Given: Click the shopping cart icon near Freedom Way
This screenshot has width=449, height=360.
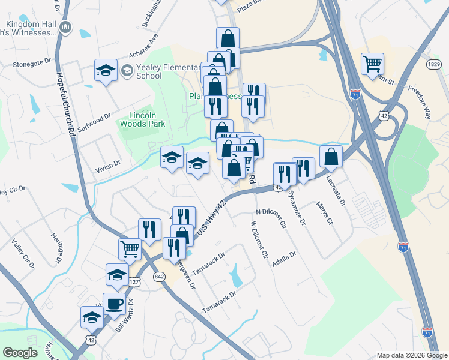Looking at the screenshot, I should click(373, 64).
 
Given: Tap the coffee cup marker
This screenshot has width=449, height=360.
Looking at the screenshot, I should click(114, 304).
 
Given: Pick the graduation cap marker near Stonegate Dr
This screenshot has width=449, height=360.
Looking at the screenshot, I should click(106, 70).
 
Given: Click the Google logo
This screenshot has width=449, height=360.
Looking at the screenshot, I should click(20, 353).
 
